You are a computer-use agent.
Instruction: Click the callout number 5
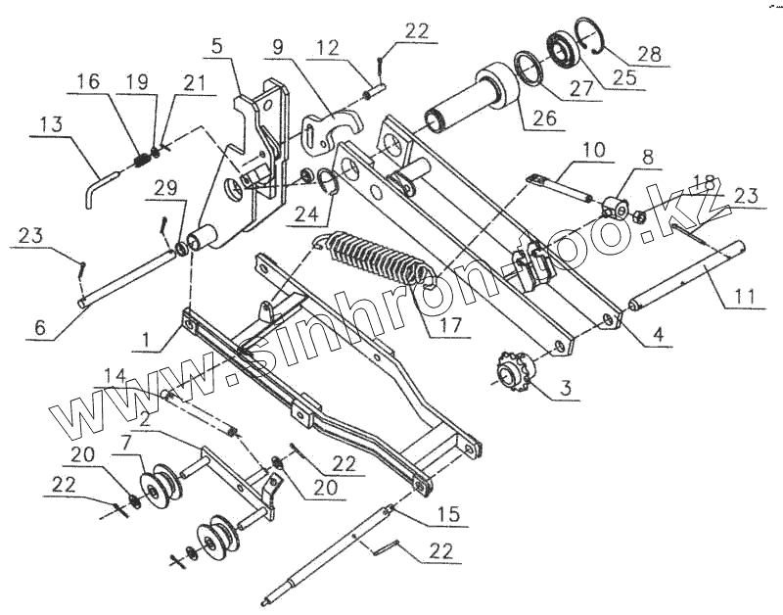pyautogui.click(x=216, y=46)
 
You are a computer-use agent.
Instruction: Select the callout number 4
pyautogui.click(x=659, y=335)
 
